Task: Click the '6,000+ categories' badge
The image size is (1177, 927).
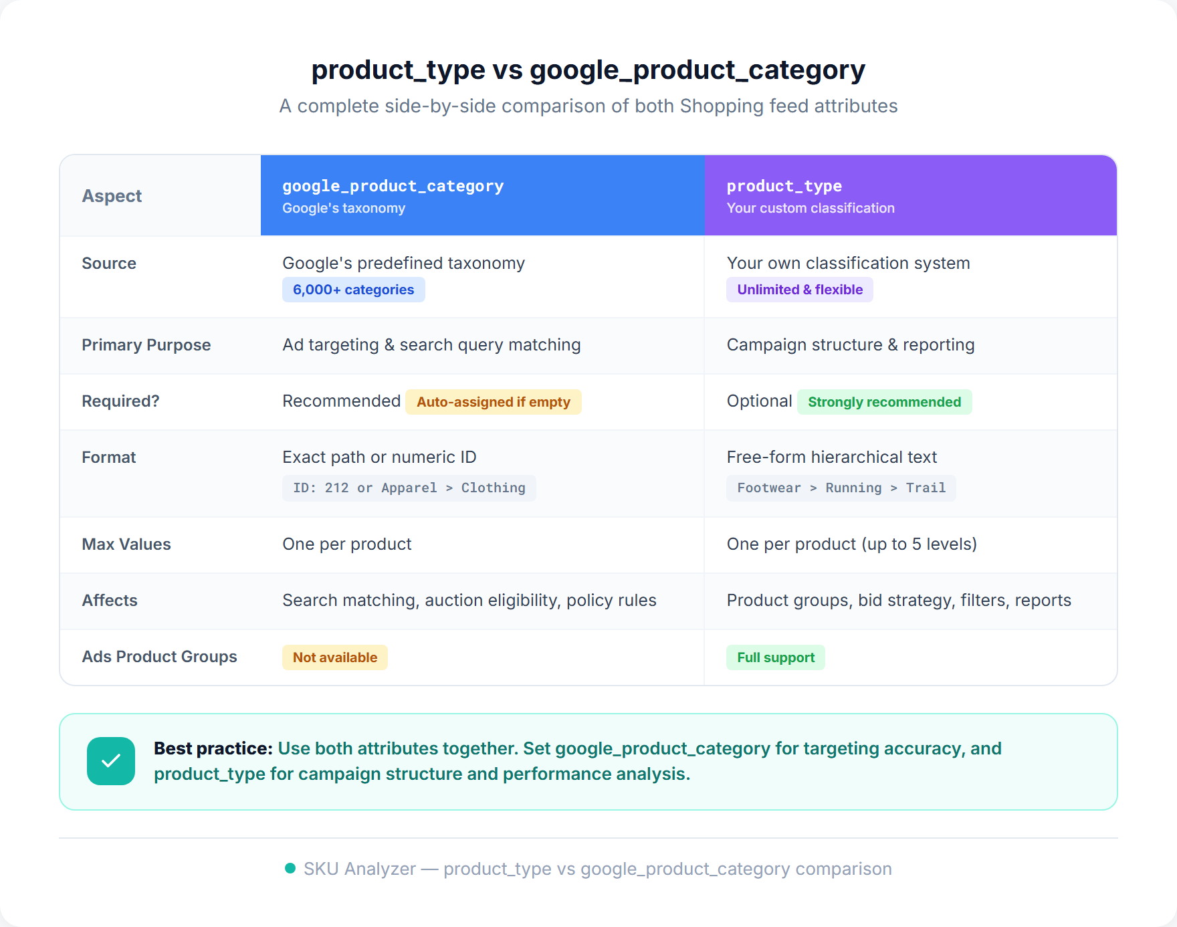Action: [x=353, y=290]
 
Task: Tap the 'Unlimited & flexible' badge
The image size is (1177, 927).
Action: [x=799, y=290]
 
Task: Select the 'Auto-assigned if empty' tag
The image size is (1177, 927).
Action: [x=493, y=402]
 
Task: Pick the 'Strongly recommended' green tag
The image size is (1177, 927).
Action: [x=884, y=402]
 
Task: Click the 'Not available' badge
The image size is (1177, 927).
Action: [x=334, y=657]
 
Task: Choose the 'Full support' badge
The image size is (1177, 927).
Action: [x=775, y=657]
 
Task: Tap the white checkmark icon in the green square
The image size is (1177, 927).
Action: [x=111, y=761]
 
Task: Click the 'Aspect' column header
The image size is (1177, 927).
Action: [x=112, y=196]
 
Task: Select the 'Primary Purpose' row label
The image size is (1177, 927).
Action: [x=146, y=345]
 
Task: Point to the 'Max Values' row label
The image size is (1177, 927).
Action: [x=126, y=544]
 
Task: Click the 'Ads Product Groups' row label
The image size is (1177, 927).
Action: [x=159, y=657]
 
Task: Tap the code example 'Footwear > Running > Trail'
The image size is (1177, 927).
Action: [x=841, y=488]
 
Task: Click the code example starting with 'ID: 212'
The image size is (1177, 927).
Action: [x=409, y=488]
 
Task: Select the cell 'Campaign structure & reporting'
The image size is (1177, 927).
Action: [x=850, y=345]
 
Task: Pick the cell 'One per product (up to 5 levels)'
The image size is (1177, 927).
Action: [x=851, y=544]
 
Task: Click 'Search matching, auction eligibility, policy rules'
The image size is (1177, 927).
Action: [x=469, y=601]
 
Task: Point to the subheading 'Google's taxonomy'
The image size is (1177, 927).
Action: [x=343, y=208]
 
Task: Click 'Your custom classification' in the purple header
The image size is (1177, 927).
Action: [x=810, y=208]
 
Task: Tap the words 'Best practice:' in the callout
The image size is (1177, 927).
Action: [x=213, y=748]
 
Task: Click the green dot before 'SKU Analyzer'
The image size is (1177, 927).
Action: [x=290, y=868]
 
